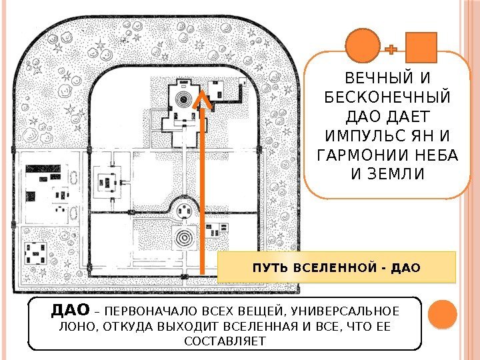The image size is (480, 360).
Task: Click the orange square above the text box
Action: pos(421,48)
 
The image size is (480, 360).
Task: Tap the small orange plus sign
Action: pos(391,49)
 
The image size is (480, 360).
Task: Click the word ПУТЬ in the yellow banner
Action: pos(265,269)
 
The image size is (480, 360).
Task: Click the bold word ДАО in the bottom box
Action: pos(71,310)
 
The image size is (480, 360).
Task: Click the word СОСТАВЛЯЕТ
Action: pos(223,341)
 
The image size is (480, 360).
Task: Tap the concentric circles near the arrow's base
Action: pos(182,237)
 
